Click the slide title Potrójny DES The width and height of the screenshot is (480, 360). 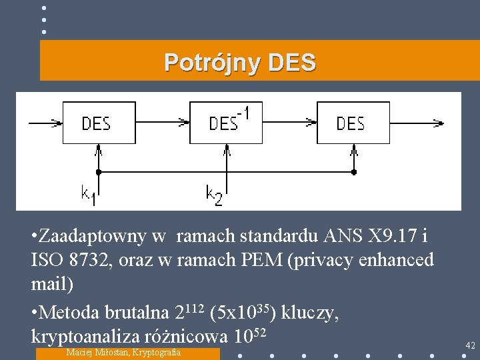pos(240,63)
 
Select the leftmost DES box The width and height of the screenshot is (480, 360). pos(99,123)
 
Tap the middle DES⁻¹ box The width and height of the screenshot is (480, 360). pos(226,123)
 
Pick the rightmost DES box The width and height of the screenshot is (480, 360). pos(353,123)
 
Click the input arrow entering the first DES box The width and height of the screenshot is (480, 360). pos(45,123)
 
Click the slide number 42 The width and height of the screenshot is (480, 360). pos(470,345)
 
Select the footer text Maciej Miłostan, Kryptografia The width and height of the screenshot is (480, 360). pos(124,352)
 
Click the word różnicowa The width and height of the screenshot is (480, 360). pos(193,335)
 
